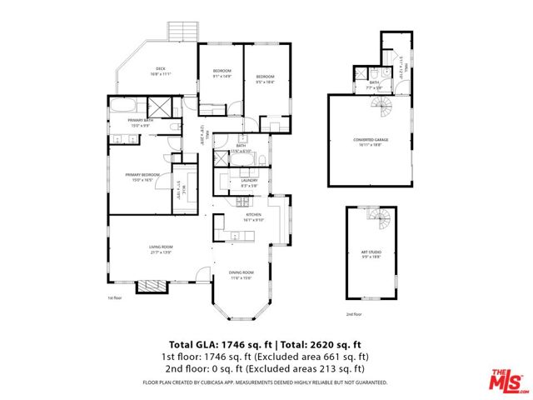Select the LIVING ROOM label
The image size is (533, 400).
tap(161, 247)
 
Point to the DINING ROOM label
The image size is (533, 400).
tap(242, 273)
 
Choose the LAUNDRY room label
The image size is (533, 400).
tap(249, 180)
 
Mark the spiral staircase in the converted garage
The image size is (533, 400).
tap(381, 106)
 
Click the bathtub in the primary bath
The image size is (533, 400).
tap(126, 107)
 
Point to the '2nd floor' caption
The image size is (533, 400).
tap(354, 315)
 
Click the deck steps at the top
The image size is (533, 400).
tap(182, 31)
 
